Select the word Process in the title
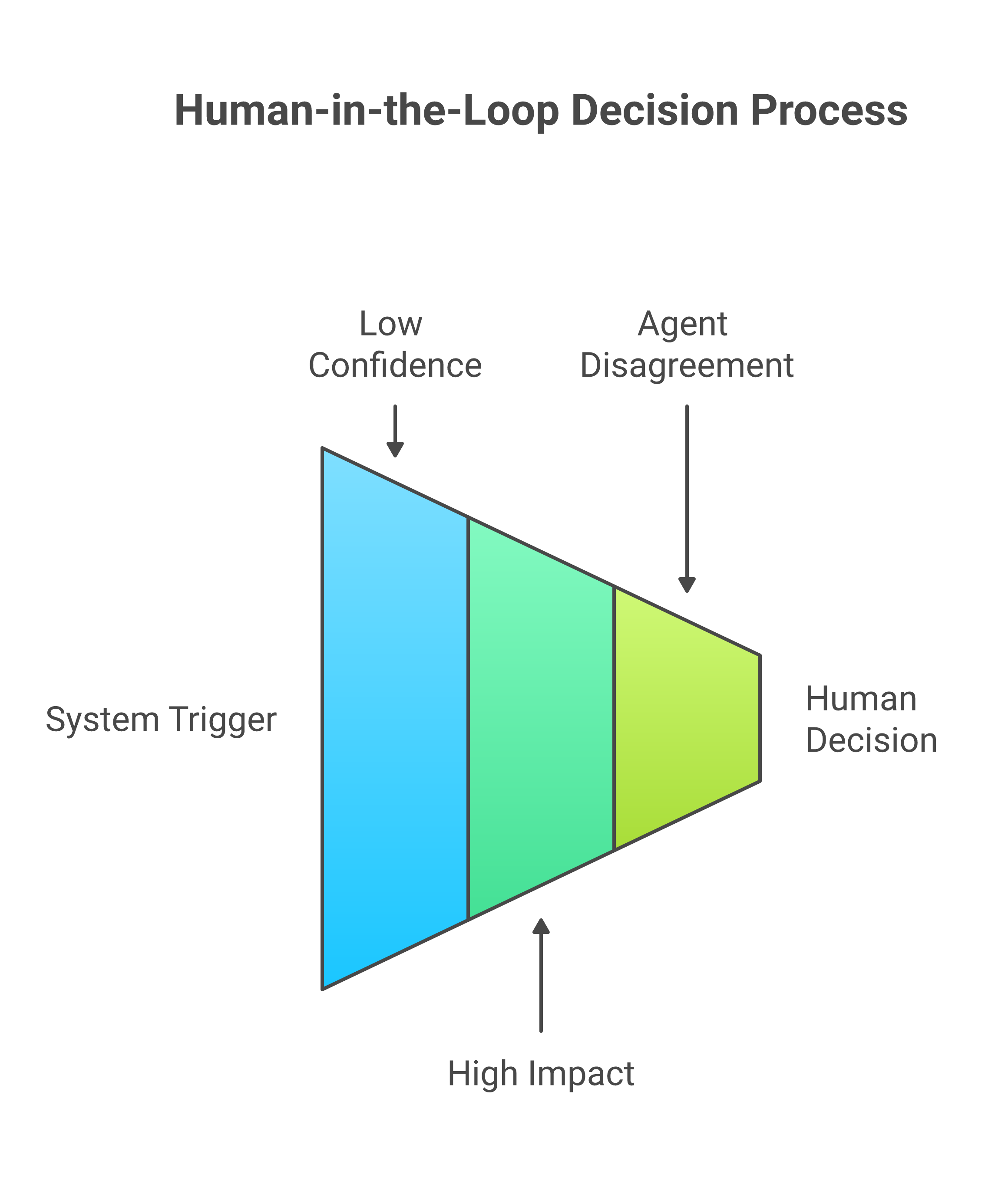829,110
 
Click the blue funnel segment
394,717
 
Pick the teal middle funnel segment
540,717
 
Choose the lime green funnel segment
687,717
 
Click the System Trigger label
161,720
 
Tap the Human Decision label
871,720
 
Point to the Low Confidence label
395,345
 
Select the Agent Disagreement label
687,345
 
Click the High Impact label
541,1074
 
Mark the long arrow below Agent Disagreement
687,493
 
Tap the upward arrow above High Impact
541,981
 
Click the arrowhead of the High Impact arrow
541,927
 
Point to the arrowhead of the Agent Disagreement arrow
687,584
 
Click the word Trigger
223,720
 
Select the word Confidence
395,365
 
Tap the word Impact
581,1074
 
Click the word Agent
682,324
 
